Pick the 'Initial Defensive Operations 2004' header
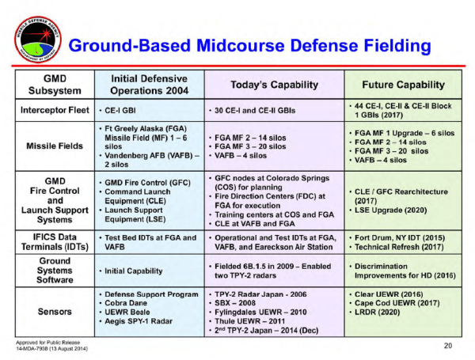coord(147,85)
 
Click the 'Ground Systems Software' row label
coord(54,270)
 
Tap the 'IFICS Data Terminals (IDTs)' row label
coord(54,241)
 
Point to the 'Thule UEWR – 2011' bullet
coord(254,322)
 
